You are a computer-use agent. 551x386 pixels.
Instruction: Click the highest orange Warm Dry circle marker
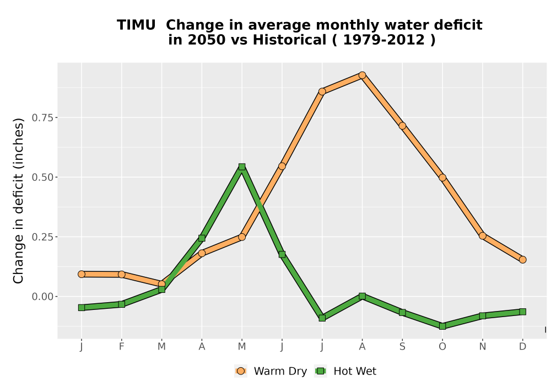point(363,75)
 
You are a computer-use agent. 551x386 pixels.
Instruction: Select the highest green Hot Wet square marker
point(242,167)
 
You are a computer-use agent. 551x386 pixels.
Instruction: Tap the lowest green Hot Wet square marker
point(442,326)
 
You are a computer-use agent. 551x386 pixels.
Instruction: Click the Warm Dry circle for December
point(522,260)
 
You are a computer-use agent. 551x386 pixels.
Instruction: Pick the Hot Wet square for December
point(522,312)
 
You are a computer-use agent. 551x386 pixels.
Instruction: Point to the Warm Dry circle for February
point(122,274)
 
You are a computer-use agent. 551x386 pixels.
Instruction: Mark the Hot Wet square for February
point(122,304)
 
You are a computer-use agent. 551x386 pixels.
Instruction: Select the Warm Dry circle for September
point(402,126)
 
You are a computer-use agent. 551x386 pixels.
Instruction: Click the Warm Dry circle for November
point(483,236)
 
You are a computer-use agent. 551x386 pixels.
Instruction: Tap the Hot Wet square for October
point(442,326)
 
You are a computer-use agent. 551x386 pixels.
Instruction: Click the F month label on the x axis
point(122,347)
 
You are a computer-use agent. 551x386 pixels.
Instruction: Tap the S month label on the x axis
point(402,347)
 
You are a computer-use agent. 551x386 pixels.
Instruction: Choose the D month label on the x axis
point(522,347)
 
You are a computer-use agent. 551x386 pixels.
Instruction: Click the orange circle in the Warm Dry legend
point(241,371)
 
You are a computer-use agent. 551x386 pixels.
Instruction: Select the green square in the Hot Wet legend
point(321,371)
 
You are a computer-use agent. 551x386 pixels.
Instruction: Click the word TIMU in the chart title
point(136,25)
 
